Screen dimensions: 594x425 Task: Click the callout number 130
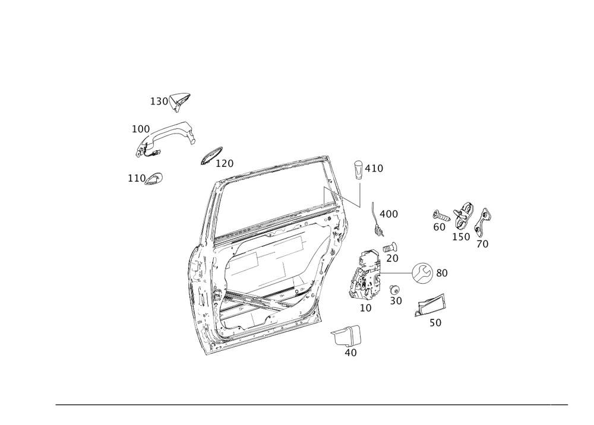[159, 102]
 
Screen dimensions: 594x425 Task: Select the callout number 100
[140, 129]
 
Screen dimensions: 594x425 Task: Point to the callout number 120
[225, 163]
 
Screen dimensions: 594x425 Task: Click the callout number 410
[374, 169]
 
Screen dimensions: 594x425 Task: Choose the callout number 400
[388, 214]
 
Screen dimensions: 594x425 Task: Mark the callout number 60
[439, 227]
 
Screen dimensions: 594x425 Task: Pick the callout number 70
[483, 244]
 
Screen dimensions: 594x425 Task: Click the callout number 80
[443, 273]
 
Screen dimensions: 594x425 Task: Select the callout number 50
[435, 323]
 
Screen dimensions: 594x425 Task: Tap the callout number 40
[350, 353]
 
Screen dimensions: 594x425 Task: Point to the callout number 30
[396, 301]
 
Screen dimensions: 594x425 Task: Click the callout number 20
[392, 258]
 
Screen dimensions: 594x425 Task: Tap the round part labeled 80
[421, 272]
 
